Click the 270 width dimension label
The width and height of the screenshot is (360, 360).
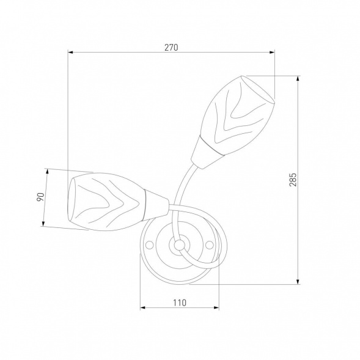pos(171,47)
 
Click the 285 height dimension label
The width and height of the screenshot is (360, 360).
pos(293,180)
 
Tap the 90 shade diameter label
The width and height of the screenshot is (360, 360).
pos(40,197)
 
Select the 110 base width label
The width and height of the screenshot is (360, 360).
pos(180,303)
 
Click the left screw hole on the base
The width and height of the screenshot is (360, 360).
pos(149,244)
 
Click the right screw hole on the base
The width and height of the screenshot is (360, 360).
pos(210,244)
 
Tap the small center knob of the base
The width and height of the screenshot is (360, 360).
pos(179,245)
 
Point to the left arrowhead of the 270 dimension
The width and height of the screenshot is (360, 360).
pos(70,53)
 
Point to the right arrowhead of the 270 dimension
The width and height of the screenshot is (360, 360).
pos(272,53)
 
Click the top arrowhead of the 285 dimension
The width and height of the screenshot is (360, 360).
pos(298,78)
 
